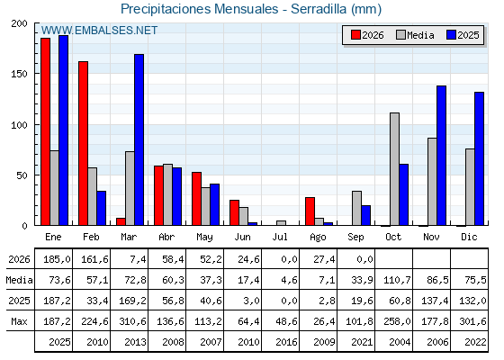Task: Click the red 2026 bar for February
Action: (83, 143)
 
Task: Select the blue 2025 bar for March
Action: (139, 139)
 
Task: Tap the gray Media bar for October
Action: (395, 169)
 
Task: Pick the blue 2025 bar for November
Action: (441, 156)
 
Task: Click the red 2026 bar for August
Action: (310, 211)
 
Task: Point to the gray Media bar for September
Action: (356, 208)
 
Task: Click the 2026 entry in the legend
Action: (367, 35)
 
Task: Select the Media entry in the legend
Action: (415, 35)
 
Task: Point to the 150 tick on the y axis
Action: (19, 74)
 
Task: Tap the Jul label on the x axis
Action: (280, 238)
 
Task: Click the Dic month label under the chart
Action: (469, 238)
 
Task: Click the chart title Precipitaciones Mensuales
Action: (199, 9)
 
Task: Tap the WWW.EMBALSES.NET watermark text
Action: (99, 31)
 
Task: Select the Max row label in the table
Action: (19, 321)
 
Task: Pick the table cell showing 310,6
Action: (133, 321)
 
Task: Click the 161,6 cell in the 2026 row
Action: (94, 259)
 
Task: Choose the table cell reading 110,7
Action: (397, 280)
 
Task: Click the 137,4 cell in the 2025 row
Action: (435, 301)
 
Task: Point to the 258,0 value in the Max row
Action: (397, 321)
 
